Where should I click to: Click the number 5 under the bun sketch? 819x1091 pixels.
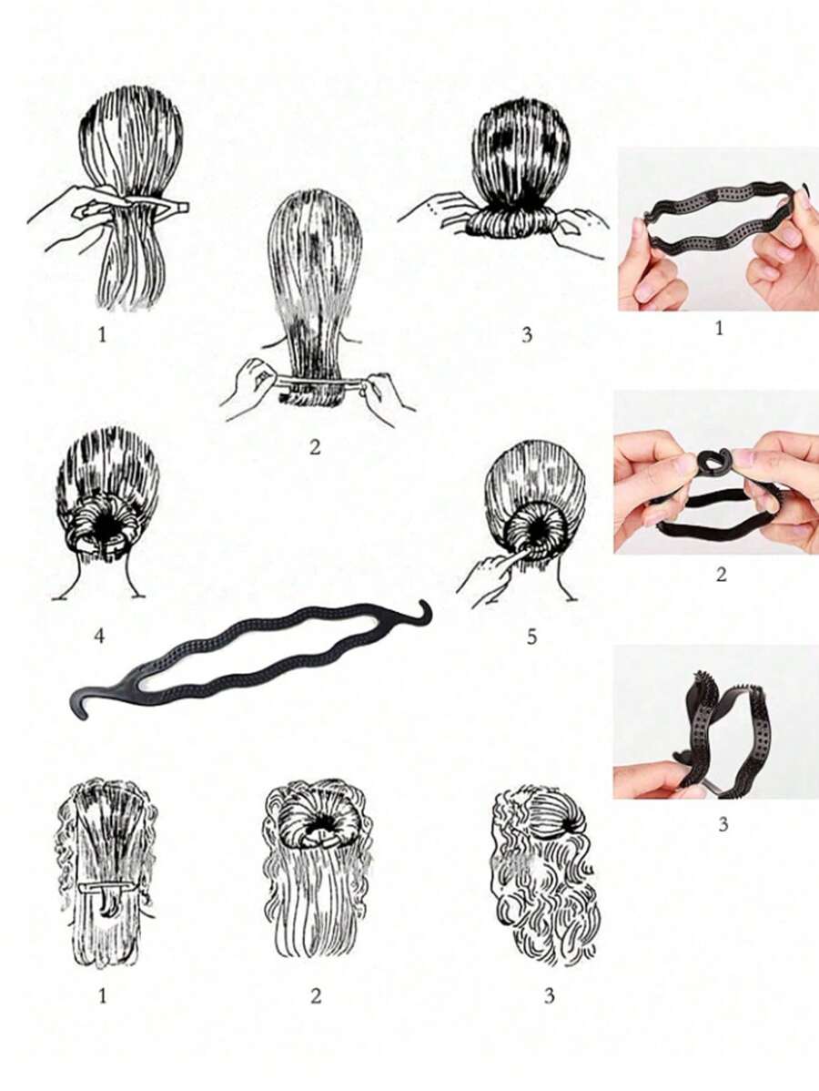531,636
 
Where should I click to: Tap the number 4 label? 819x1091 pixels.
99,636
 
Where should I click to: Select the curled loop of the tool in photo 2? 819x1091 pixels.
709,462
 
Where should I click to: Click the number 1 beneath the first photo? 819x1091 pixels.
719,327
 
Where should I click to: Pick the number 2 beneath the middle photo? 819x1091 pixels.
721,574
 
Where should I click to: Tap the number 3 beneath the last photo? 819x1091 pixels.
723,824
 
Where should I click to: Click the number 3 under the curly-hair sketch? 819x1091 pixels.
550,995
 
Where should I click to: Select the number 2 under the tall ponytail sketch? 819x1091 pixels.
315,447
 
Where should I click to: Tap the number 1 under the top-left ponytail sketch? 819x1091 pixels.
102,334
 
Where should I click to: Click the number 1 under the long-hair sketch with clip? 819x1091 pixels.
102,995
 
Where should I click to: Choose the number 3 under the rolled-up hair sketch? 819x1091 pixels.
527,334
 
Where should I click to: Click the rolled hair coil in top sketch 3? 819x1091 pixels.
512,221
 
